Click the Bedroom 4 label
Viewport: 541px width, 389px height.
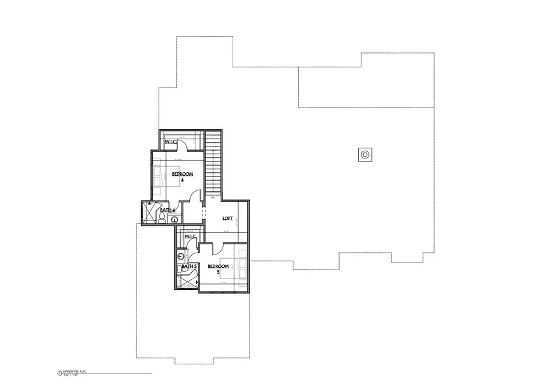(x=182, y=176)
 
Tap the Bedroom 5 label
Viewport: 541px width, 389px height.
(x=218, y=268)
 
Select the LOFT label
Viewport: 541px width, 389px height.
(x=228, y=218)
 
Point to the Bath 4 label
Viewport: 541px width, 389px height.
(x=167, y=210)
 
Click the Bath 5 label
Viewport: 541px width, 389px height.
(x=190, y=266)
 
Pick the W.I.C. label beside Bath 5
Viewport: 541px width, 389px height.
(x=191, y=237)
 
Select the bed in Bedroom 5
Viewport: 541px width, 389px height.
(x=239, y=265)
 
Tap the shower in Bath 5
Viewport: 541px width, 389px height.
(x=188, y=280)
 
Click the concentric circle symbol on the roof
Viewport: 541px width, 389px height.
(x=365, y=154)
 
